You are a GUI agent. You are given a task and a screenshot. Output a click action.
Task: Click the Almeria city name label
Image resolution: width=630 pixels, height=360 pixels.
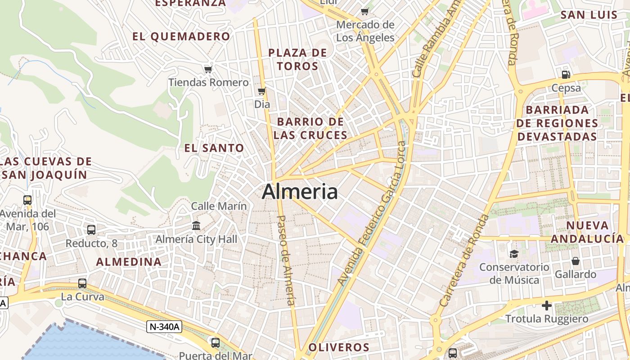click(x=300, y=192)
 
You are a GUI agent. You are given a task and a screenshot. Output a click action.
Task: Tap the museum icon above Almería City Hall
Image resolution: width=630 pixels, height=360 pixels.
click(x=196, y=225)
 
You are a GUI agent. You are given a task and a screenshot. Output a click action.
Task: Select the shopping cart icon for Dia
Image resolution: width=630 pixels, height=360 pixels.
click(x=261, y=91)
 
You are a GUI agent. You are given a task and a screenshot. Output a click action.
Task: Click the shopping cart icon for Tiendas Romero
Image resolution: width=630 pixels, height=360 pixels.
click(x=208, y=69)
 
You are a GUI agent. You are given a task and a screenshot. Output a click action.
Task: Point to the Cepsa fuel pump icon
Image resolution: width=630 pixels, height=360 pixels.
click(x=566, y=75)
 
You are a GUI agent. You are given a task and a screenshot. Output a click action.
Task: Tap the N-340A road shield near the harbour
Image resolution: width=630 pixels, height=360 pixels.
click(x=164, y=327)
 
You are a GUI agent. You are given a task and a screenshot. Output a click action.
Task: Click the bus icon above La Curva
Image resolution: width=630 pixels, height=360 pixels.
click(x=82, y=283)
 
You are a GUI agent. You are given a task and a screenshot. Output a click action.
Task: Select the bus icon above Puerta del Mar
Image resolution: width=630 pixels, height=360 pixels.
click(x=216, y=343)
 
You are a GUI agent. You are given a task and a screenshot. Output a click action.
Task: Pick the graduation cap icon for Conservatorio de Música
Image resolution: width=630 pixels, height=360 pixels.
click(x=514, y=254)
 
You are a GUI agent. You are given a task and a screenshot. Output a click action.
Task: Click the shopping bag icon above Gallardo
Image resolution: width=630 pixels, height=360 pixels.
click(x=575, y=261)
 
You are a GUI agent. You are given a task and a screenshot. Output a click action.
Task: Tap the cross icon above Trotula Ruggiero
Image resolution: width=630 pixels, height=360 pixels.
click(x=547, y=306)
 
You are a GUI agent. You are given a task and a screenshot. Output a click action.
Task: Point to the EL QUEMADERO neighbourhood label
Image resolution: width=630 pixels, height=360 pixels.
click(x=181, y=37)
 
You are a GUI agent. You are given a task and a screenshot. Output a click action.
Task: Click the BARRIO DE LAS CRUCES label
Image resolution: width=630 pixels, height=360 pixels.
click(x=310, y=128)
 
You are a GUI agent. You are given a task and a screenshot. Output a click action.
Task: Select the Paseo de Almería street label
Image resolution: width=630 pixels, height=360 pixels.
click(x=285, y=260)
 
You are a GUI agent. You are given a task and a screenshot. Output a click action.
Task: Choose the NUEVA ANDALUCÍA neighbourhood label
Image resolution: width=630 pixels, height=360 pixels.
click(x=588, y=232)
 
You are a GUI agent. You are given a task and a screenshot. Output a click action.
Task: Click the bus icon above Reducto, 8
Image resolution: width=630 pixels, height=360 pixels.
click(x=91, y=230)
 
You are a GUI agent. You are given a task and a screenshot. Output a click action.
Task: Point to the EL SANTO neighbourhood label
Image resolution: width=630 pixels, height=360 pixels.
click(x=214, y=148)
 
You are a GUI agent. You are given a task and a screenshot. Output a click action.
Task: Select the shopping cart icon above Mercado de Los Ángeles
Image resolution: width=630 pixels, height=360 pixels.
click(x=365, y=11)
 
